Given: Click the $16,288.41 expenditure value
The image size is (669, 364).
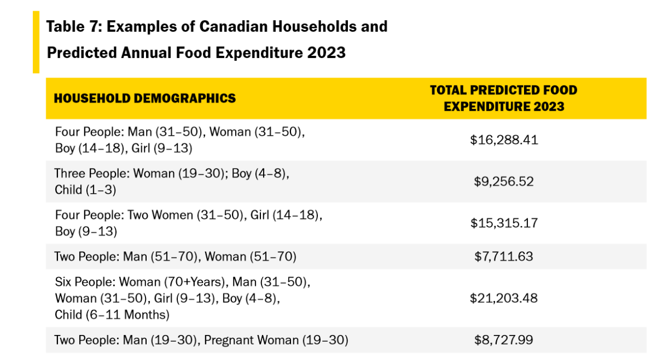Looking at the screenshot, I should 504,140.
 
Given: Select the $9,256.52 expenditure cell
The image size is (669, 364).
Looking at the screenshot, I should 504,181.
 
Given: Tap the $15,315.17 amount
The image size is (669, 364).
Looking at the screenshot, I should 504,223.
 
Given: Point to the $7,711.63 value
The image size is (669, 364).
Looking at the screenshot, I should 504,256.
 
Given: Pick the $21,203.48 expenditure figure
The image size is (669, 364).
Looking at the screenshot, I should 504,298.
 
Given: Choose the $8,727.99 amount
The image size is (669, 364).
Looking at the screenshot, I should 504,340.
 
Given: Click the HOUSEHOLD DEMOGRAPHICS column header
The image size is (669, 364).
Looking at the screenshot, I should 145,99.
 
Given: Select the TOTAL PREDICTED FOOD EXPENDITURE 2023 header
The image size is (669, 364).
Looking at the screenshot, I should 504,98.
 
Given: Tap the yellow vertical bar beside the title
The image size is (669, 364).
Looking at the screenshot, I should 36,42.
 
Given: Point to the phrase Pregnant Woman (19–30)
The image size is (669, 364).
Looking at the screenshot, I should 276,340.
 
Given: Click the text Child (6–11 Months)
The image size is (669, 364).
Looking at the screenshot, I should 112,315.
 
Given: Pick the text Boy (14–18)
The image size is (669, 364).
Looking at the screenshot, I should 90,149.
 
